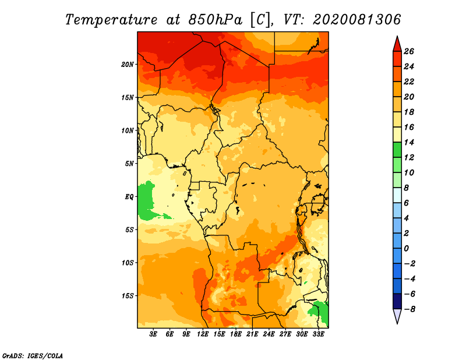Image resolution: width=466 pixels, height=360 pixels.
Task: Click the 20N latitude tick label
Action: pyautogui.click(x=127, y=64)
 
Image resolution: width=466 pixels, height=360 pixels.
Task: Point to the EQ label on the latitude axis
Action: pyautogui.click(x=129, y=196)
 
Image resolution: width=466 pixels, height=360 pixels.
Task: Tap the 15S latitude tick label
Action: pyautogui.click(x=128, y=296)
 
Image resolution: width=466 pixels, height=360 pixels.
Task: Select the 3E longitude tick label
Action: pyautogui.click(x=153, y=334)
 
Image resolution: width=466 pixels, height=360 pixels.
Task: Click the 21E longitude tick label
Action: pyautogui.click(x=252, y=334)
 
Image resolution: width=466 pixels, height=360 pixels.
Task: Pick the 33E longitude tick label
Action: pyautogui.click(x=318, y=334)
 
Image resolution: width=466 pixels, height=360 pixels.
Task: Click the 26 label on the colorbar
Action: pyautogui.click(x=409, y=51)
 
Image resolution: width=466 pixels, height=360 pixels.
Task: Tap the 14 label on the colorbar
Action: pyautogui.click(x=409, y=142)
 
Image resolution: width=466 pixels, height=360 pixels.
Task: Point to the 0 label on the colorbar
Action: pyautogui.click(x=406, y=249)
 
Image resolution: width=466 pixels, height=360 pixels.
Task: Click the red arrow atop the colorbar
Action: pyautogui.click(x=397, y=44)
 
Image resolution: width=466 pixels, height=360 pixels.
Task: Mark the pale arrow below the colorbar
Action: pyautogui.click(x=397, y=316)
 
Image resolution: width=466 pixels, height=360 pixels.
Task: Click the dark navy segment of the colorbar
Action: pyautogui.click(x=397, y=301)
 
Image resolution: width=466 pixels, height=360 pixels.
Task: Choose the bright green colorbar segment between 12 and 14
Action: pyautogui.click(x=397, y=150)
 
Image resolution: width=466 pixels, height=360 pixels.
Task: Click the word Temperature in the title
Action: pyautogui.click(x=111, y=20)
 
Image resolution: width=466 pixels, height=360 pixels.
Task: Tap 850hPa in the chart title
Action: pyautogui.click(x=216, y=20)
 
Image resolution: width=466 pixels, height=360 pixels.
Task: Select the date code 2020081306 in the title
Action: pyautogui.click(x=356, y=20)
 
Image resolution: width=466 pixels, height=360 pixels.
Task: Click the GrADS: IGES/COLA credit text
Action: pyautogui.click(x=33, y=355)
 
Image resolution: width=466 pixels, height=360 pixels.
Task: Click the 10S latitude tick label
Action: pyautogui.click(x=128, y=263)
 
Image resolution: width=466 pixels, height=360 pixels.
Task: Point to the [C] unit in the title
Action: pyautogui.click(x=260, y=20)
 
